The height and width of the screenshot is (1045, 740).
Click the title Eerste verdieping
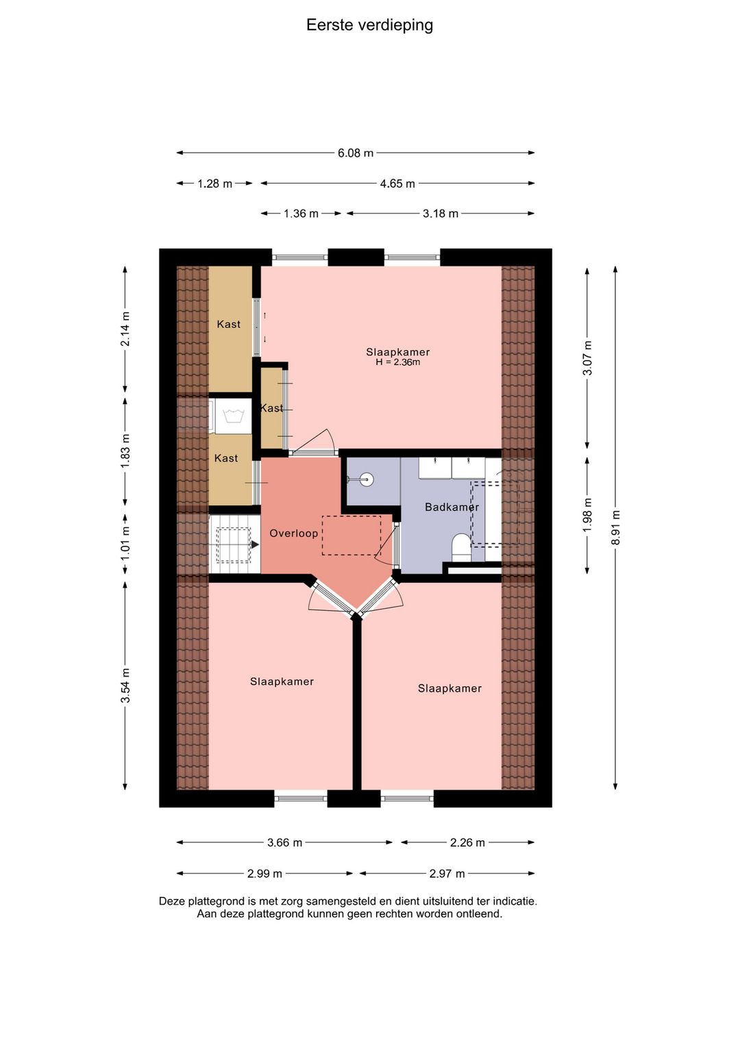click(x=369, y=25)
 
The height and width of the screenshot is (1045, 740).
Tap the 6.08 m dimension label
click(x=356, y=153)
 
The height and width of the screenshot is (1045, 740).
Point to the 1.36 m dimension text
click(x=301, y=214)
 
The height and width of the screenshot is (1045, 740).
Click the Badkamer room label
click(x=452, y=507)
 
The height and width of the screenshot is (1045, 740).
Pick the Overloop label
click(x=294, y=533)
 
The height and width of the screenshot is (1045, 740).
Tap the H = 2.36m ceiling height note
click(x=398, y=362)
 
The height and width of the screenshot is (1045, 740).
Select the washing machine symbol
click(x=232, y=415)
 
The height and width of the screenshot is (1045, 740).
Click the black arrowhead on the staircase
click(x=255, y=544)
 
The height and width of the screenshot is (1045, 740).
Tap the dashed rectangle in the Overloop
click(x=351, y=535)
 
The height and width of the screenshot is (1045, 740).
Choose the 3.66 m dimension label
click(x=285, y=842)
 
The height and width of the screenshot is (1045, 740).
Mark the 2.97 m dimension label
click(x=447, y=874)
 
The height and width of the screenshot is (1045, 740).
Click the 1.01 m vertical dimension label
click(x=125, y=544)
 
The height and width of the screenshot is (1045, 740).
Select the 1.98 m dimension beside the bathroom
click(x=587, y=514)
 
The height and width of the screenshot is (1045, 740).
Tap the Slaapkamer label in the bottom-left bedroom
click(x=282, y=681)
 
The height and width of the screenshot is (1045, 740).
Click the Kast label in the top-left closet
click(x=228, y=324)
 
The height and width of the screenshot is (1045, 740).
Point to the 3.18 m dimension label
click(x=441, y=214)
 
